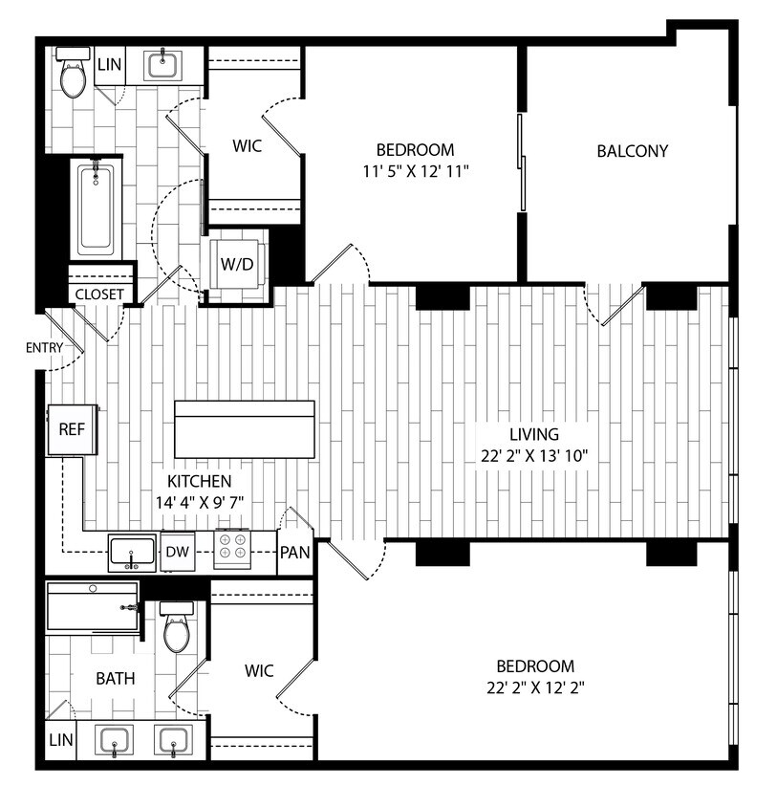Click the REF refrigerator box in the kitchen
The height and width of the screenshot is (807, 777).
tap(72, 430)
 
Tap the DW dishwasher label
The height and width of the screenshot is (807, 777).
tap(177, 552)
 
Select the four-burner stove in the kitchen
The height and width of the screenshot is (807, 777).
tap(231, 552)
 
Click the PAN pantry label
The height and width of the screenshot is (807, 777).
tap(293, 553)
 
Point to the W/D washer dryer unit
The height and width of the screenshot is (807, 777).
tap(237, 264)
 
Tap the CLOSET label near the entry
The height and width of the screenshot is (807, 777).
tap(99, 294)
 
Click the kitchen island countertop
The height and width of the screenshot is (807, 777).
tap(245, 429)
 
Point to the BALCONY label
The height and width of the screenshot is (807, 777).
tap(632, 150)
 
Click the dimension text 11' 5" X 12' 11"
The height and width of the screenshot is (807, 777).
tap(414, 171)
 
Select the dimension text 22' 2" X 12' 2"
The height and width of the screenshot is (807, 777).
tap(534, 687)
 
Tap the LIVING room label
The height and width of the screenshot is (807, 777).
tap(534, 434)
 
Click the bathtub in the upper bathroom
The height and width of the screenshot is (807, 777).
tap(96, 209)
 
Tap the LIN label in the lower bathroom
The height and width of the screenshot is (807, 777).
tap(59, 742)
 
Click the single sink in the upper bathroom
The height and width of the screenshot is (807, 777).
tap(164, 66)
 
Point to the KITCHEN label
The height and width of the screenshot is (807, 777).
tap(199, 481)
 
